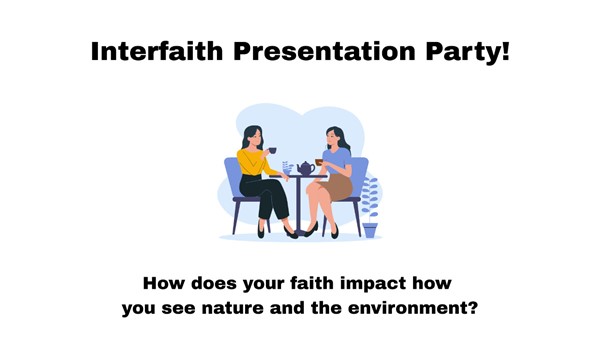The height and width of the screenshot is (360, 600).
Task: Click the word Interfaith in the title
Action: coord(157,51)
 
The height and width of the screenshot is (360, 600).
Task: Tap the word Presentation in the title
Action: coord(324,51)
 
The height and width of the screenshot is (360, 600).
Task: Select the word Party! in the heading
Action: coord(468,52)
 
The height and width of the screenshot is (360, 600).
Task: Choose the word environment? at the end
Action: coord(412,308)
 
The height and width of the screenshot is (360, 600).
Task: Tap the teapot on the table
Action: coord(306,168)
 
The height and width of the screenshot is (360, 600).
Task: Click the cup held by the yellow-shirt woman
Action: coord(272,150)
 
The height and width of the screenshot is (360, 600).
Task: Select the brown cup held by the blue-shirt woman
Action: coord(319,162)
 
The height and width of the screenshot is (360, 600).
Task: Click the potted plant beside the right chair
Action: coord(370,207)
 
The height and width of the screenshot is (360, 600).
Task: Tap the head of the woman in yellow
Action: coord(253,137)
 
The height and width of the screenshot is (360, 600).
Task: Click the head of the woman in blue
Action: coord(336,138)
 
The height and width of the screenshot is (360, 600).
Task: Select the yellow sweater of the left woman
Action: coord(254,162)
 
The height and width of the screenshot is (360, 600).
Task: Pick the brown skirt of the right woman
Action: coord(338,187)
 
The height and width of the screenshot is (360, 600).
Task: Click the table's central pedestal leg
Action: coord(299,205)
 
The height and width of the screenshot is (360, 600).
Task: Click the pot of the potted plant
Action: coord(370,230)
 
